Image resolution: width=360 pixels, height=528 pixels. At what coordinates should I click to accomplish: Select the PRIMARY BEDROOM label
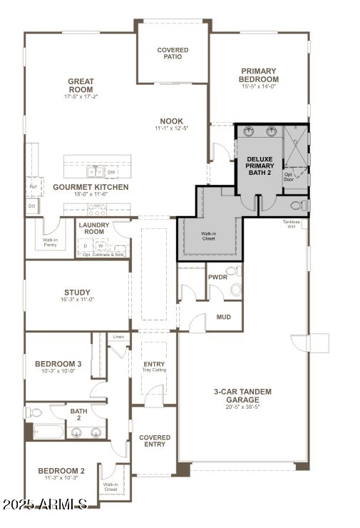[x=259, y=75]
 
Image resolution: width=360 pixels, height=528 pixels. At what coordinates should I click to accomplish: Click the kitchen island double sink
[x=94, y=172]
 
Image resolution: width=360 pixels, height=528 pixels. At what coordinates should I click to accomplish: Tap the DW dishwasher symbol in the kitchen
[x=112, y=172]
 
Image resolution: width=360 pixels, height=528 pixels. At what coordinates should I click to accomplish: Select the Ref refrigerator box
[x=32, y=186]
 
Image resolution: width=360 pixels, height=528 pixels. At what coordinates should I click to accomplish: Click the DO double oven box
[x=32, y=205]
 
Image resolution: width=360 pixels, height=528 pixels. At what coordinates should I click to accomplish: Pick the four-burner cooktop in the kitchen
[x=96, y=209]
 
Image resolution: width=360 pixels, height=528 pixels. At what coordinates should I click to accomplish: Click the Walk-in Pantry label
[x=50, y=243]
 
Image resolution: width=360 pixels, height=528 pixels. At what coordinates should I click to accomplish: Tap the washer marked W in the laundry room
[x=101, y=246]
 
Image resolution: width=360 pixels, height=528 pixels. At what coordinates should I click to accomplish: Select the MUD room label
[x=223, y=317]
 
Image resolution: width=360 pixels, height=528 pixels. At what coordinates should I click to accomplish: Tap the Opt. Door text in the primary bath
[x=289, y=177]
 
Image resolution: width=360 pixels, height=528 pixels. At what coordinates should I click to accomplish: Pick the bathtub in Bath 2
[x=44, y=432]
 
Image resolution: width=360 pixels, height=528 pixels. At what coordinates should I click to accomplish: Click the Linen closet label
[x=118, y=336]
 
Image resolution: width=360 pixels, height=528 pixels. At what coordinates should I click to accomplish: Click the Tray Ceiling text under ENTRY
[x=154, y=370]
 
